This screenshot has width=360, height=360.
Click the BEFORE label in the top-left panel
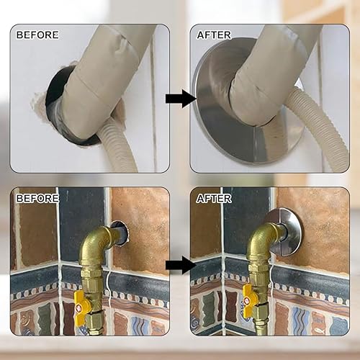(37, 35)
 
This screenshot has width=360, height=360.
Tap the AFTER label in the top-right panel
(214, 35)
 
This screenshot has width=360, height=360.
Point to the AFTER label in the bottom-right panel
(214, 197)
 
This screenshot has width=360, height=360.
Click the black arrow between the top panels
(179, 98)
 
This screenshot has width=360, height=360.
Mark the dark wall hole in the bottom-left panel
(120, 232)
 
